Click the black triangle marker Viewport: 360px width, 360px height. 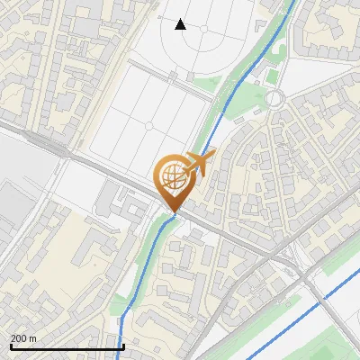(181, 23)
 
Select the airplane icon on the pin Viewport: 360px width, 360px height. (199, 164)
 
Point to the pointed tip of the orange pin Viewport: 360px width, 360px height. (174, 212)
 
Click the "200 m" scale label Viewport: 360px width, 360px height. (23, 338)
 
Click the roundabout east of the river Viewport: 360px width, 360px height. (274, 97)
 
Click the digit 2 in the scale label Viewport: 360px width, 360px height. (13, 338)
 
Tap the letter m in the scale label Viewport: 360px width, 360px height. (33, 338)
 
